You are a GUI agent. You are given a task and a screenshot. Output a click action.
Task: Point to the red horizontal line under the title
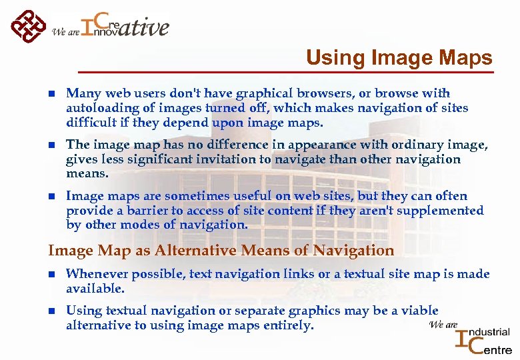point(287,71)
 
